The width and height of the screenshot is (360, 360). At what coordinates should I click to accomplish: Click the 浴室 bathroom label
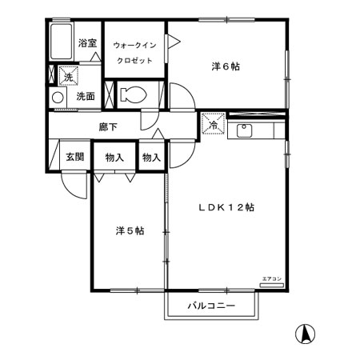pyautogui.click(x=87, y=43)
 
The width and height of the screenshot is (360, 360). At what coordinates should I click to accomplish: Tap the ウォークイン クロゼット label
pyautogui.click(x=134, y=53)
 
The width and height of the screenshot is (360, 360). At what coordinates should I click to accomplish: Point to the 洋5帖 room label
pyautogui.click(x=128, y=230)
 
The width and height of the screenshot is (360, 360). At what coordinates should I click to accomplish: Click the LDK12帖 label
pyautogui.click(x=227, y=206)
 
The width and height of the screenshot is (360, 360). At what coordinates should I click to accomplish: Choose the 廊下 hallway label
pyautogui.click(x=108, y=126)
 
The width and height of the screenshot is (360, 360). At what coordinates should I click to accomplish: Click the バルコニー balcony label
pyautogui.click(x=212, y=306)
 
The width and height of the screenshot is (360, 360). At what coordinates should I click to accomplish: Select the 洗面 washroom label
pyautogui.click(x=86, y=97)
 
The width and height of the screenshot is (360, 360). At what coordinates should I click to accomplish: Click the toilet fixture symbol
pyautogui.click(x=133, y=94)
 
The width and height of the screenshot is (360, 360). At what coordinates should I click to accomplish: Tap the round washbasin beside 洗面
pyautogui.click(x=58, y=97)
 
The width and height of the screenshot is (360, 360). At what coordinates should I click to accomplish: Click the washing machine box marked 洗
pyautogui.click(x=68, y=77)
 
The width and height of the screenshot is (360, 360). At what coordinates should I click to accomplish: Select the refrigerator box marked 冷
pyautogui.click(x=213, y=125)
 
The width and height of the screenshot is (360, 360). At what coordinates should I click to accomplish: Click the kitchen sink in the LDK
pyautogui.click(x=245, y=130)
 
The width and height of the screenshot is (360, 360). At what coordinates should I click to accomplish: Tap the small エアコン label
pyautogui.click(x=272, y=278)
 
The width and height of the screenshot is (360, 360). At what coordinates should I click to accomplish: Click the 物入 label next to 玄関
pyautogui.click(x=114, y=158)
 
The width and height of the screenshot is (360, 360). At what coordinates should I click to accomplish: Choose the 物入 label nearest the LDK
pyautogui.click(x=151, y=158)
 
